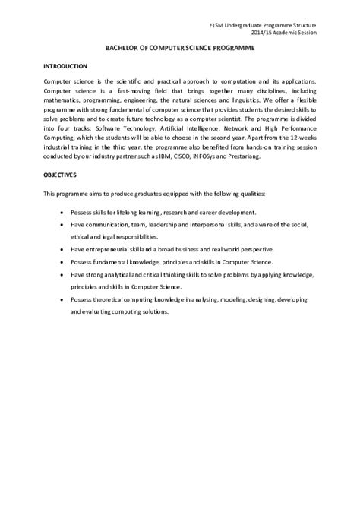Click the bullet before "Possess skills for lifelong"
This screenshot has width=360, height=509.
coord(61,212)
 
